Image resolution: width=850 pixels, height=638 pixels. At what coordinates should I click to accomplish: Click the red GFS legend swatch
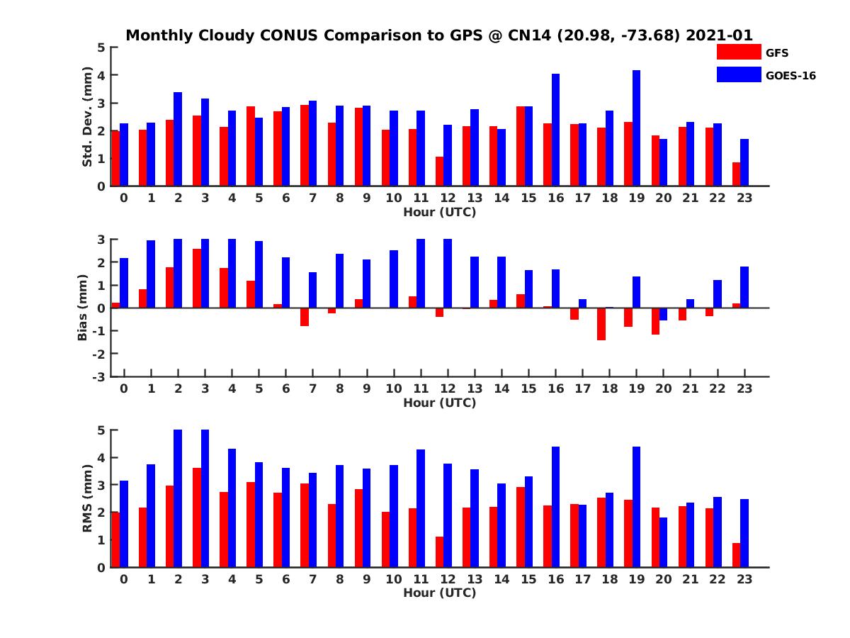click(738, 52)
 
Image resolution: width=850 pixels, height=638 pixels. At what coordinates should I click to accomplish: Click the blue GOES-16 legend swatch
click(738, 74)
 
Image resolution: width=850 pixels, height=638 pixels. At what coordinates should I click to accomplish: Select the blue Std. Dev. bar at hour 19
click(636, 128)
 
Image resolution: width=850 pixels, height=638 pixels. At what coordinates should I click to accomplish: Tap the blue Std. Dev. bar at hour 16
click(555, 130)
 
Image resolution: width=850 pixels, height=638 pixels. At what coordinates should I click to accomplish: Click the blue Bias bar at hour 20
click(663, 314)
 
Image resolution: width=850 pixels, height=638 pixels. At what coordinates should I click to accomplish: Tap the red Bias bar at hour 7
click(305, 317)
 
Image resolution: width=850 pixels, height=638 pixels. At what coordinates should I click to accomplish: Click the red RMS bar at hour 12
click(439, 552)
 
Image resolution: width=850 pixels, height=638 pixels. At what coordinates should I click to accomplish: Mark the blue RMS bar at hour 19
click(636, 507)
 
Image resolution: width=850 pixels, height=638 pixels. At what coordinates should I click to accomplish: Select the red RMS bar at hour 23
click(737, 555)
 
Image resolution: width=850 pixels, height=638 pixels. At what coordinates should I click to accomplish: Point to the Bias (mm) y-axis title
click(83, 308)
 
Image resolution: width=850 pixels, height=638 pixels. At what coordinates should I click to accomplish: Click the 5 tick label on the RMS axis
click(102, 430)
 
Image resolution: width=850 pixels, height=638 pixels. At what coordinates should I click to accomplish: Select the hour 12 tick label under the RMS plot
click(447, 579)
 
